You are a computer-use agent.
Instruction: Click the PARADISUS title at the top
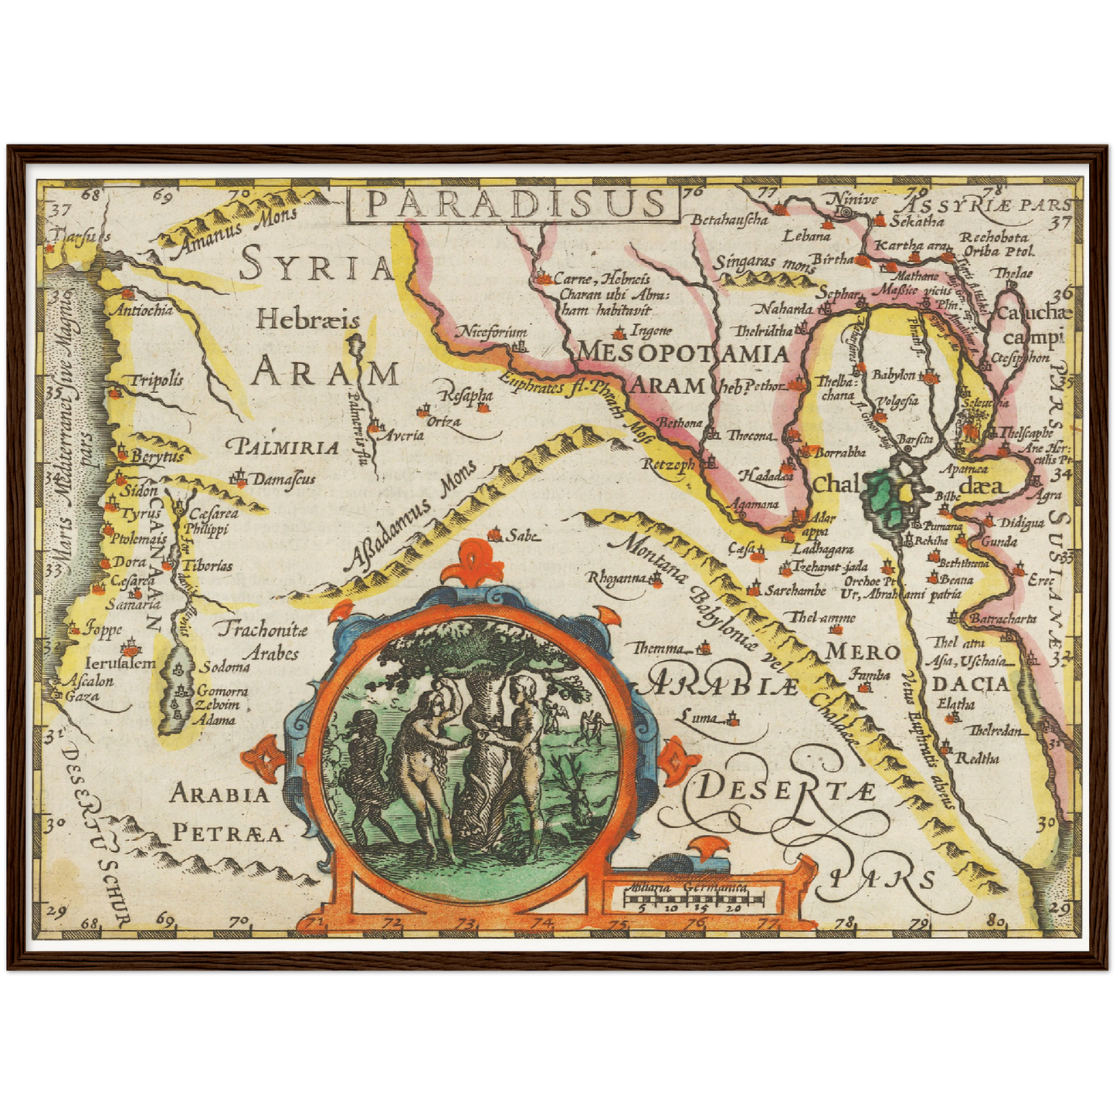coord(513,203)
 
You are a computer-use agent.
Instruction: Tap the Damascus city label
coord(283,479)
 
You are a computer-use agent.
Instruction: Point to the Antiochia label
coord(143,310)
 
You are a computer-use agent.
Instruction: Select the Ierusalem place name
coord(120,663)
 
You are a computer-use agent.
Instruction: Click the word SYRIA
coord(317,266)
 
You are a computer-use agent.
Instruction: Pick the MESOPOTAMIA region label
coord(683,354)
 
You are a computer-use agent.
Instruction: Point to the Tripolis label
coord(156,379)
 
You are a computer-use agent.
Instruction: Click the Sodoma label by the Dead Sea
coord(225,667)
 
